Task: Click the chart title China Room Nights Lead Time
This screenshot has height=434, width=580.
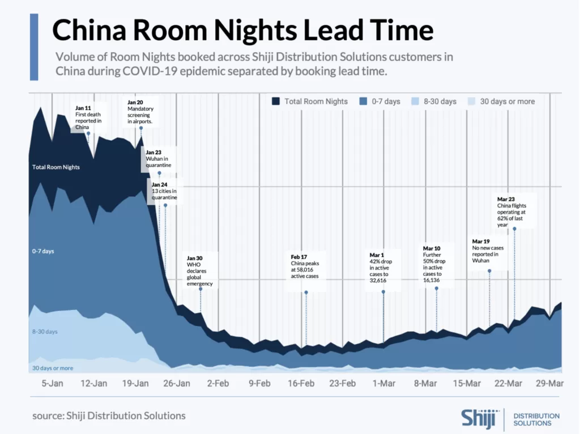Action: pyautogui.click(x=243, y=29)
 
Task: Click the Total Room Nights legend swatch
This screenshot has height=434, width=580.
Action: pyautogui.click(x=276, y=101)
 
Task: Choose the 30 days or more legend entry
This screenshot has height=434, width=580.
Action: pyautogui.click(x=507, y=101)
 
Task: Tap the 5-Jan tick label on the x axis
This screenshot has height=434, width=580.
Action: pyautogui.click(x=52, y=384)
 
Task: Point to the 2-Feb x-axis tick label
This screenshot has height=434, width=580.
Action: pyautogui.click(x=218, y=384)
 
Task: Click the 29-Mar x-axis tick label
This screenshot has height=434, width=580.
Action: pyautogui.click(x=550, y=384)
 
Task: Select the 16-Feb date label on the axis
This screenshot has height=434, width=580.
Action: pyautogui.click(x=301, y=384)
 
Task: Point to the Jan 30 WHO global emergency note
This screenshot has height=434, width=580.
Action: pyautogui.click(x=199, y=270)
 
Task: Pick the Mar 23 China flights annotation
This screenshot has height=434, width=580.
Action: pyautogui.click(x=514, y=212)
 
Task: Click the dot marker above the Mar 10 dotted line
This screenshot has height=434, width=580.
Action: pyautogui.click(x=437, y=289)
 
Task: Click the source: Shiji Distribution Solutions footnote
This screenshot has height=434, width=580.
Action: pyautogui.click(x=109, y=416)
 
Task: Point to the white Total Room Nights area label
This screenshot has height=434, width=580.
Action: pyautogui.click(x=56, y=167)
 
